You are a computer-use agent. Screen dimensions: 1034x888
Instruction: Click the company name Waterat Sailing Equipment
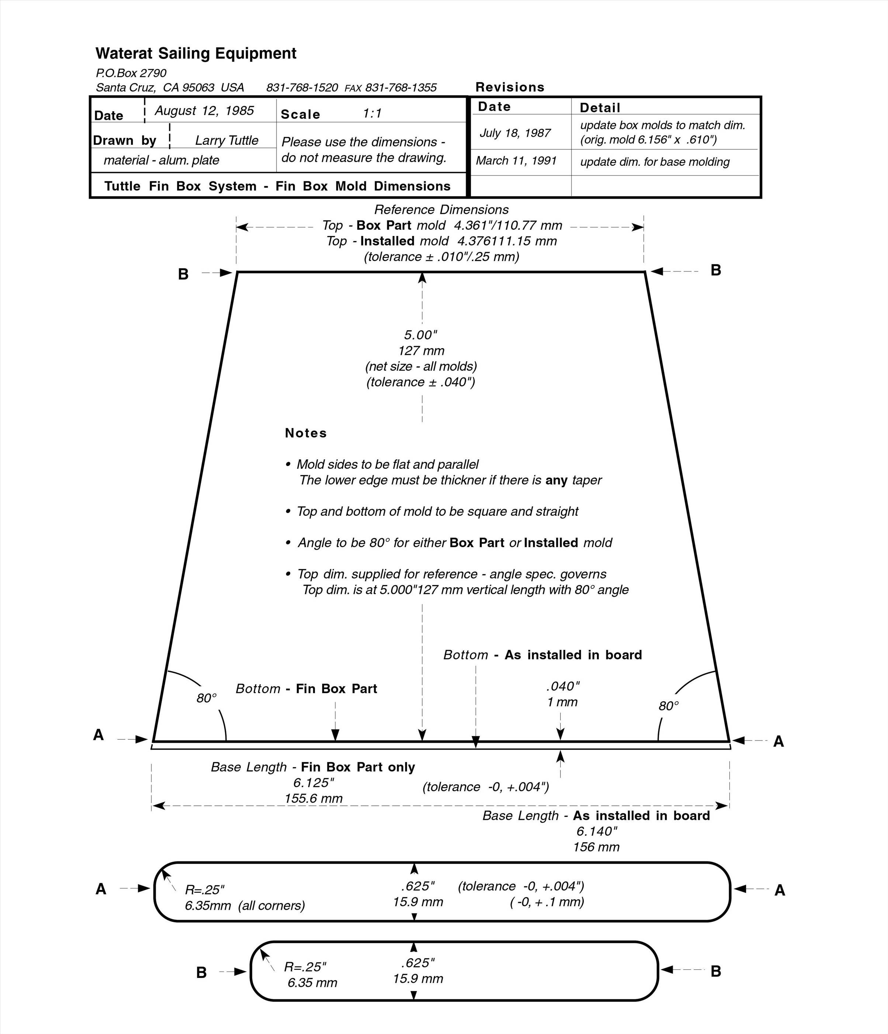pos(196,53)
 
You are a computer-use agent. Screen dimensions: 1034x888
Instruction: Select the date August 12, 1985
pos(204,111)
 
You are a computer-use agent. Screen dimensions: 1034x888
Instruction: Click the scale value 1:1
pos(372,114)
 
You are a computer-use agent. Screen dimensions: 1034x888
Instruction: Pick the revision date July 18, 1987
pos(515,133)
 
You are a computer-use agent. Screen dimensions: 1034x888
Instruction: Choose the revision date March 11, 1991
pos(516,161)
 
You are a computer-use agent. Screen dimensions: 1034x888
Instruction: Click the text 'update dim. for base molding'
pos(655,162)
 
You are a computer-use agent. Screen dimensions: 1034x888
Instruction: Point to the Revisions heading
pos(510,87)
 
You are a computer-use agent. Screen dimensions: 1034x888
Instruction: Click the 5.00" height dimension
pos(420,335)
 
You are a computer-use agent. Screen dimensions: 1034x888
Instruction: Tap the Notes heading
pos(305,433)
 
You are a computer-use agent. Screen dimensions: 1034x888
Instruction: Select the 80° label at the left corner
pos(206,698)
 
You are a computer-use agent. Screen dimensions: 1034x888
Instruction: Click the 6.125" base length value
pos(313,783)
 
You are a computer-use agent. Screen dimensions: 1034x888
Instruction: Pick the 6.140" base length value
pos(597,831)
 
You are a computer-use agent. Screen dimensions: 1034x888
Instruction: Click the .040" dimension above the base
pos(562,687)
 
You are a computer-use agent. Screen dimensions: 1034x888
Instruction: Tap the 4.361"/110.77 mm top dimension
pos(508,226)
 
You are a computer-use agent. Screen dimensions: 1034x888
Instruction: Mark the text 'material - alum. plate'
pos(161,160)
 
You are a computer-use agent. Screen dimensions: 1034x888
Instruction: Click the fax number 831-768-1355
pos(400,88)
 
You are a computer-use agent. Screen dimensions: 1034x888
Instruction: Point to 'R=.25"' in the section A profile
pos(205,890)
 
